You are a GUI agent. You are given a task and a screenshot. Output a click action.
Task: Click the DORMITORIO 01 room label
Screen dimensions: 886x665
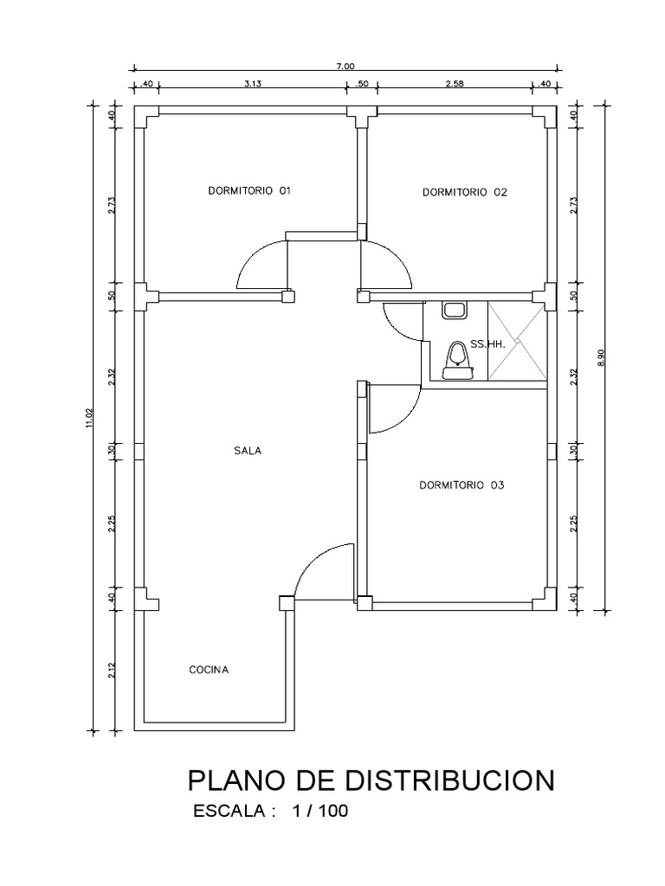[x=249, y=190]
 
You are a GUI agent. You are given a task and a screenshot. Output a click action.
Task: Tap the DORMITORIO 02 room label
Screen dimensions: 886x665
[x=464, y=193]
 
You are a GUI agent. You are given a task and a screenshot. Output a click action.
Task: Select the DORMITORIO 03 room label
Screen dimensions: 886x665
[x=461, y=486]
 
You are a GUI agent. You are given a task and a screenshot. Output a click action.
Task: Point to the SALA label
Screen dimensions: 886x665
[x=248, y=451]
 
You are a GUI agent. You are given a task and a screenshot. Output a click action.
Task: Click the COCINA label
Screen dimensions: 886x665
[x=209, y=670]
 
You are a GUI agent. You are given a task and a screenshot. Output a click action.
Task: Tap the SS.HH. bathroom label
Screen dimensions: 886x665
[x=487, y=343]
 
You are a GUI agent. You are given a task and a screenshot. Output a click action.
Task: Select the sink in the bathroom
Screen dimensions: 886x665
[x=454, y=308]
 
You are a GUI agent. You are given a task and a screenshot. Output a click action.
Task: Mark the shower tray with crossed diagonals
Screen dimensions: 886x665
[x=517, y=341]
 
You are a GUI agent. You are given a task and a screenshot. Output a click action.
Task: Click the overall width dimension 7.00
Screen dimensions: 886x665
[x=345, y=66]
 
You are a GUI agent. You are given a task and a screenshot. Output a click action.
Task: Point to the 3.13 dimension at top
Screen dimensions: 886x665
[x=253, y=84]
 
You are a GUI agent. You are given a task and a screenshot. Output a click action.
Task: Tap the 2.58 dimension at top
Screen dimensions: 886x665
[x=455, y=84]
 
